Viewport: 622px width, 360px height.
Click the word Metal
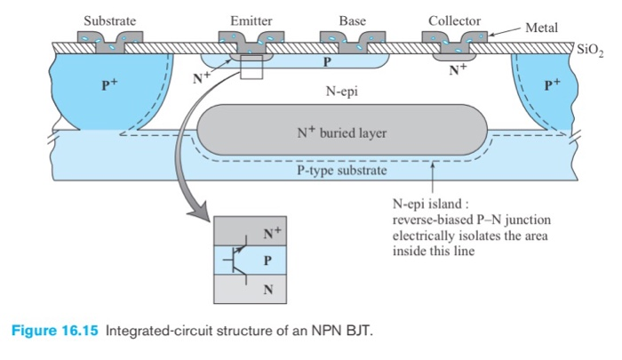click(541, 28)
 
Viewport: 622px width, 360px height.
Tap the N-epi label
click(342, 91)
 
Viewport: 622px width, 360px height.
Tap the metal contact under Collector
click(455, 40)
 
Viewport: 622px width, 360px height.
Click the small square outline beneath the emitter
click(251, 69)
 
